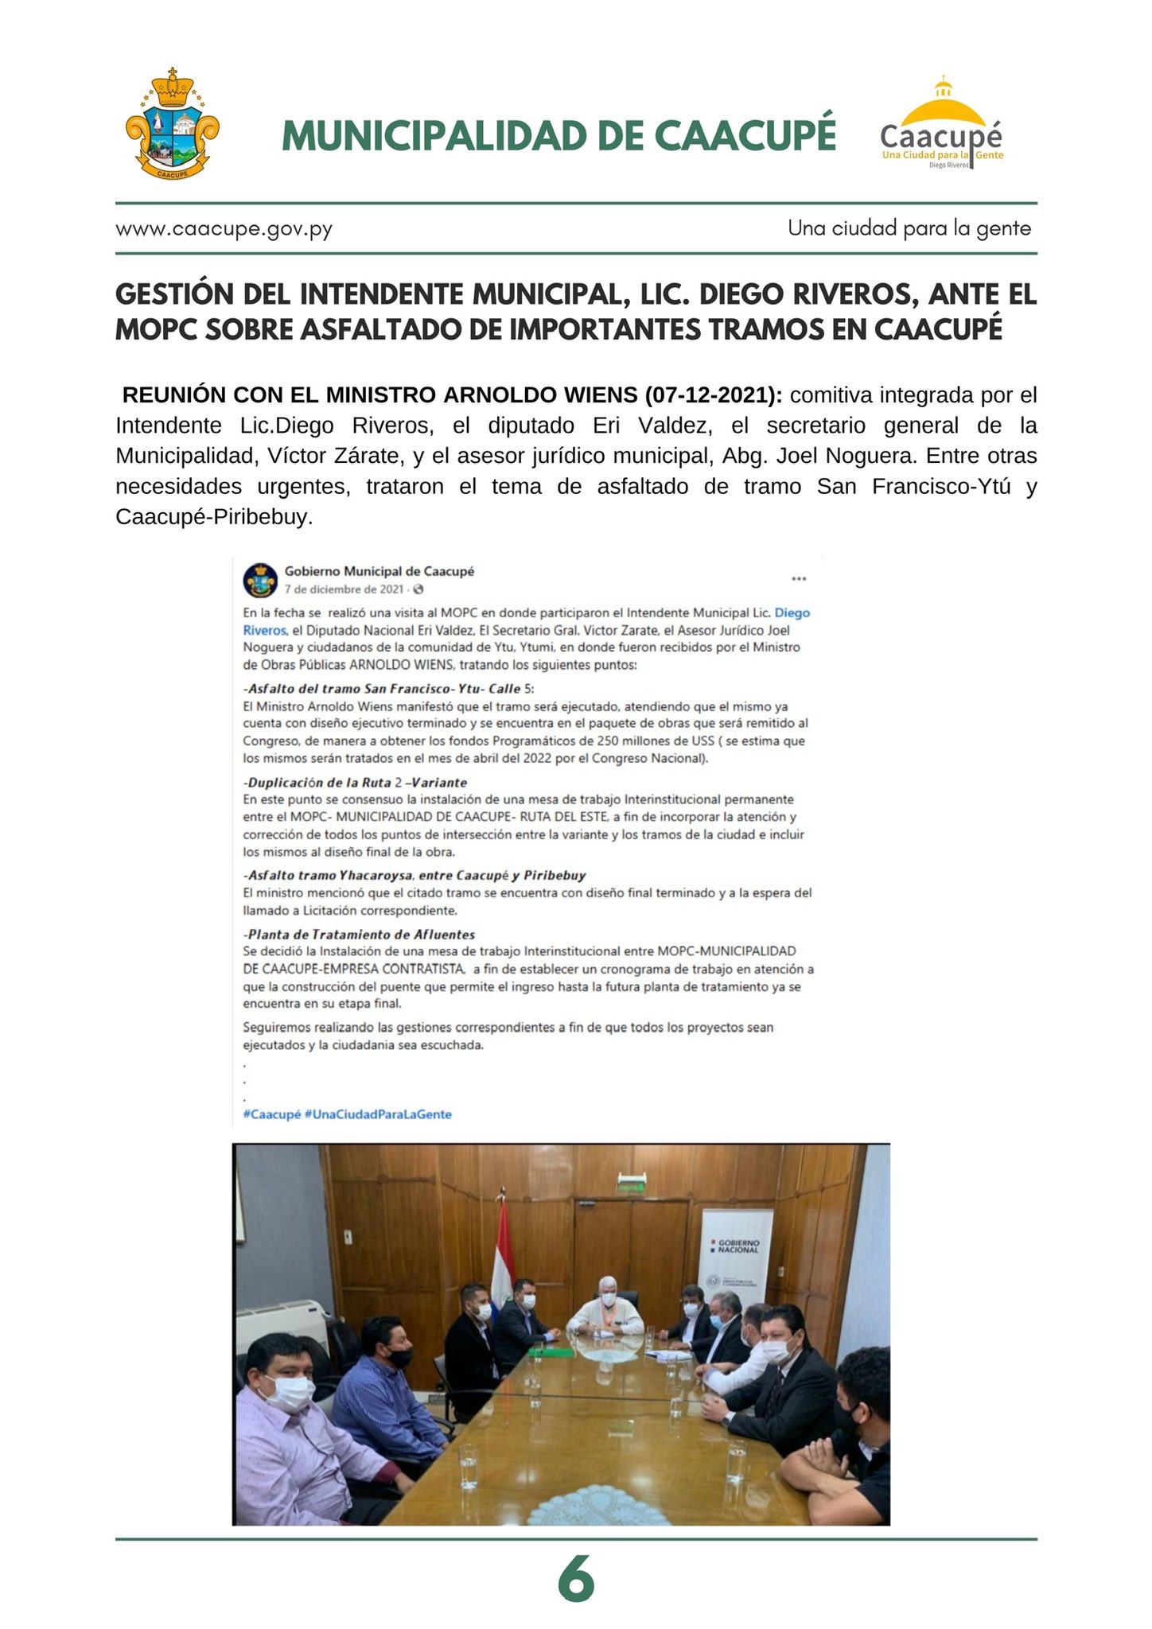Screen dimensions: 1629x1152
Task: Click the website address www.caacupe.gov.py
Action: pyautogui.click(x=224, y=229)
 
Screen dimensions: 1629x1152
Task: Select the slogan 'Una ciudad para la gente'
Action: pyautogui.click(x=909, y=228)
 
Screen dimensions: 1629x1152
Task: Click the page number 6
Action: pyautogui.click(x=576, y=1580)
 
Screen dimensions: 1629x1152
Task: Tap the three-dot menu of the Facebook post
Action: pyautogui.click(x=798, y=579)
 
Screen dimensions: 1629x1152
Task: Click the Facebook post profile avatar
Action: pyautogui.click(x=260, y=580)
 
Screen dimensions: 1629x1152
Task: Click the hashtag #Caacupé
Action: pyautogui.click(x=271, y=1114)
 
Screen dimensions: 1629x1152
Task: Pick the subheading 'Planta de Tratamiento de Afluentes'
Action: pyautogui.click(x=359, y=934)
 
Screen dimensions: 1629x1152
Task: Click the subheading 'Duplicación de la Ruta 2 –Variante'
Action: pyautogui.click(x=355, y=782)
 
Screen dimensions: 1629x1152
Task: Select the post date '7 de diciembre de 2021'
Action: pyautogui.click(x=344, y=589)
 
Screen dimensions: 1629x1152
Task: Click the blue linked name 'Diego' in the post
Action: pyautogui.click(x=792, y=612)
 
